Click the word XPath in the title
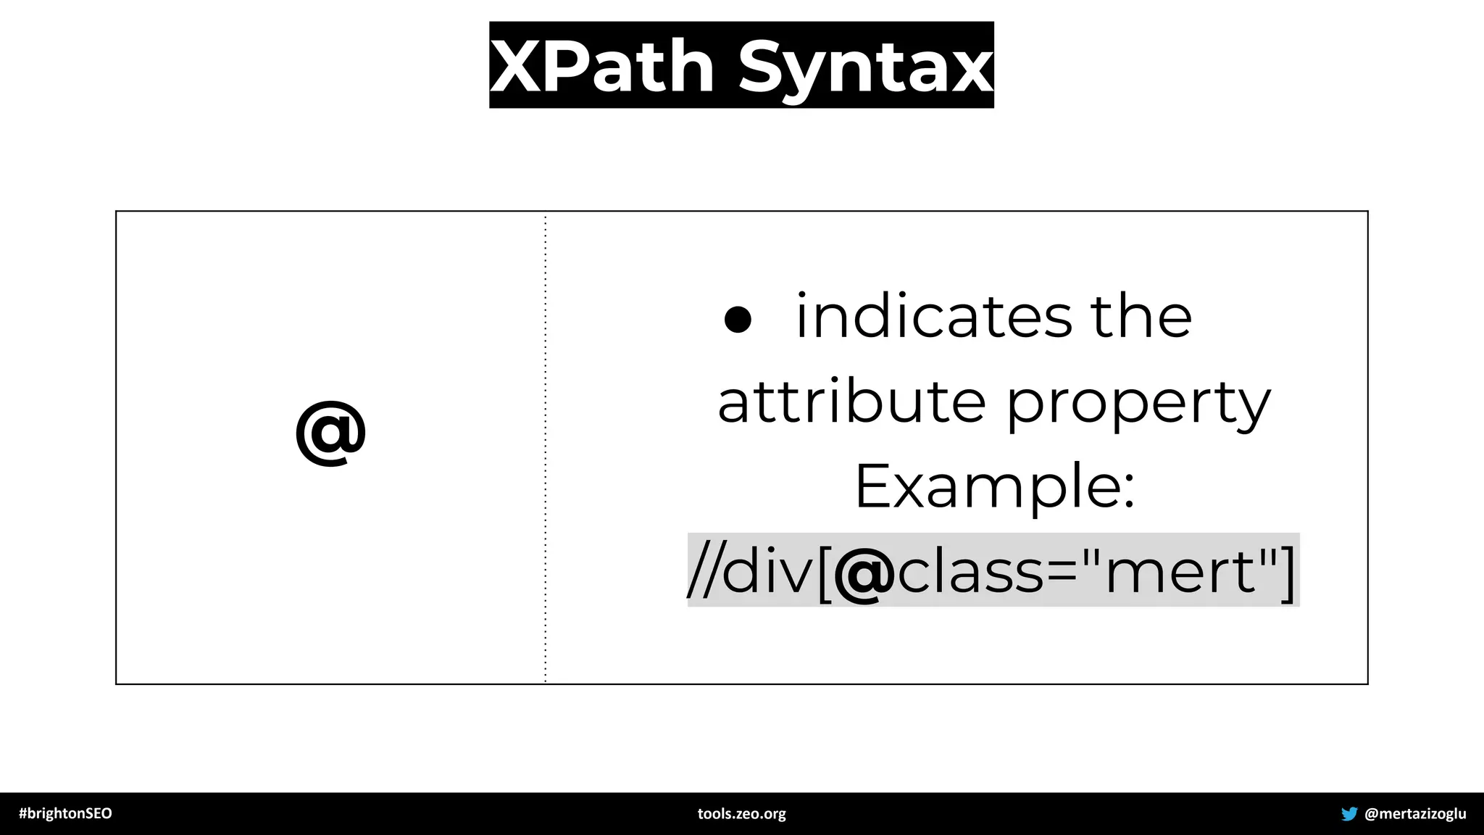click(x=602, y=67)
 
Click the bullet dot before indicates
click(x=738, y=319)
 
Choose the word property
click(x=1138, y=404)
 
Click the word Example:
click(x=994, y=486)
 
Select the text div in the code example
click(x=769, y=570)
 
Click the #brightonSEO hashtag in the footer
click(x=65, y=813)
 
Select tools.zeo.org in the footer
click(x=741, y=814)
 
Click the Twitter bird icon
click(x=1348, y=814)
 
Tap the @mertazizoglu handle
click(x=1415, y=814)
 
